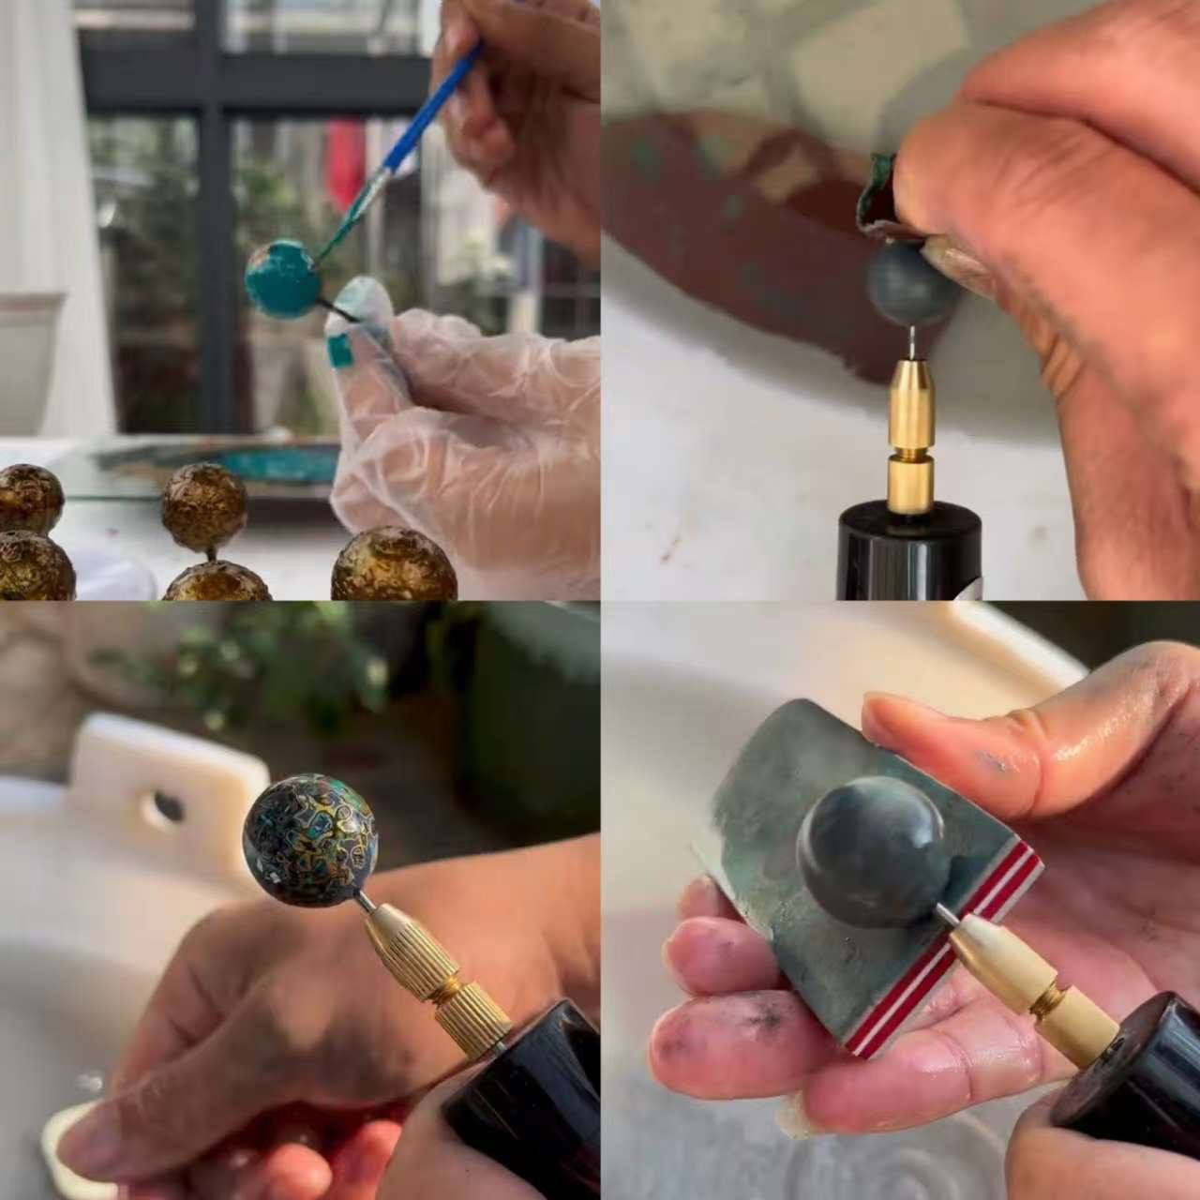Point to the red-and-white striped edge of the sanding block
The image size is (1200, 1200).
pyautogui.click(x=956, y=947)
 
